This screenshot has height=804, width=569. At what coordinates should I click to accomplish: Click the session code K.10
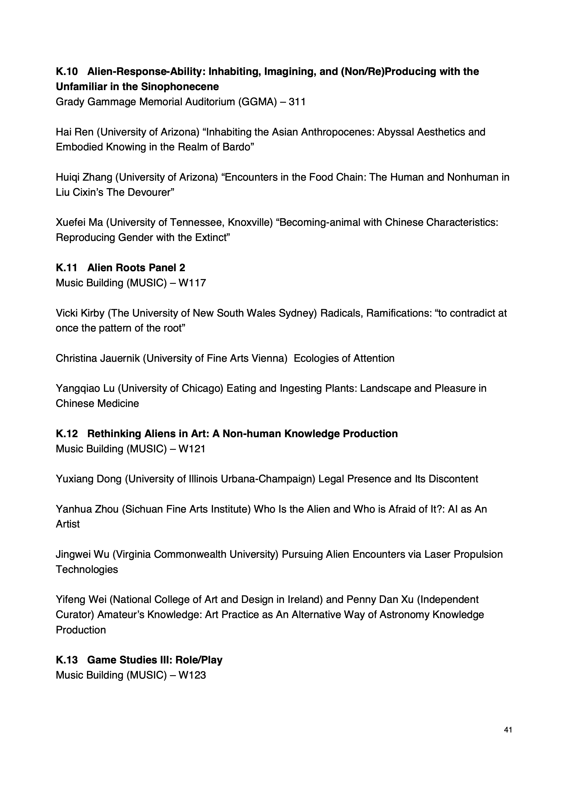click(67, 72)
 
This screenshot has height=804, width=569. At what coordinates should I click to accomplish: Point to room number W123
click(192, 675)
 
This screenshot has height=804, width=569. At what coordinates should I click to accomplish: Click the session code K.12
click(67, 434)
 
